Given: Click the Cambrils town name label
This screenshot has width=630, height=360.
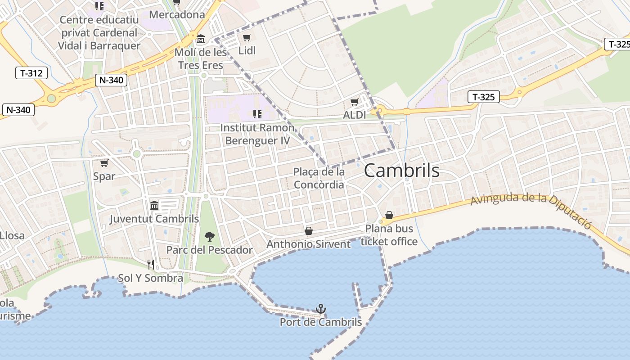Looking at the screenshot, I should [x=401, y=171].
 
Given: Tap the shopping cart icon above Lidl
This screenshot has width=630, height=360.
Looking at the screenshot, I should [x=247, y=38].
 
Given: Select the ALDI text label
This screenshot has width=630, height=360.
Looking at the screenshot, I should [x=355, y=115].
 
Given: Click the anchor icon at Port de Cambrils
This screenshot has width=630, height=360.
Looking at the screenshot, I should [x=320, y=309].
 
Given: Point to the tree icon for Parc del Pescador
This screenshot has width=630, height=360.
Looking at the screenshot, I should [x=209, y=236].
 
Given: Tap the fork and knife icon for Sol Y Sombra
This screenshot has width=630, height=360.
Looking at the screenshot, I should [x=151, y=265].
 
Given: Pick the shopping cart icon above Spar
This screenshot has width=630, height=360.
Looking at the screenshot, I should [x=104, y=163].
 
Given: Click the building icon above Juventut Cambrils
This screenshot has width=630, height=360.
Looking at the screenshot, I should [x=154, y=205].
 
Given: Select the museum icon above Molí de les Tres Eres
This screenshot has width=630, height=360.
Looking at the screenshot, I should [x=201, y=39].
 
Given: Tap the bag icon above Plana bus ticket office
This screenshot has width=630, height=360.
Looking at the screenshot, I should [x=389, y=216].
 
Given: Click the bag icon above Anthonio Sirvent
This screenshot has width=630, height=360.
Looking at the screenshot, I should [x=309, y=231].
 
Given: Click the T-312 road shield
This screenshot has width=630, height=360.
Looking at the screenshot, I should [x=31, y=73].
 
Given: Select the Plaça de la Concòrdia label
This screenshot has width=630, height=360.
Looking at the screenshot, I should [x=319, y=178].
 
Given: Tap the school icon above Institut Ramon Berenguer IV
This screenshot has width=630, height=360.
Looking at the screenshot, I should [x=257, y=114].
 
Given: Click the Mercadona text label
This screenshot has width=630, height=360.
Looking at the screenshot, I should [x=177, y=14].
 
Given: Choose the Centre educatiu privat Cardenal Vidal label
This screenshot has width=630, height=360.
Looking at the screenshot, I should [x=99, y=33].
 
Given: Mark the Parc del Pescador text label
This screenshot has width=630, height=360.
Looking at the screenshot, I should [x=209, y=250].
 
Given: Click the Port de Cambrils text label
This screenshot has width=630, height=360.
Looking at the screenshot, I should [x=320, y=322].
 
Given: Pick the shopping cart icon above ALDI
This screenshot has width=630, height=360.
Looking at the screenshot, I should [x=355, y=102].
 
